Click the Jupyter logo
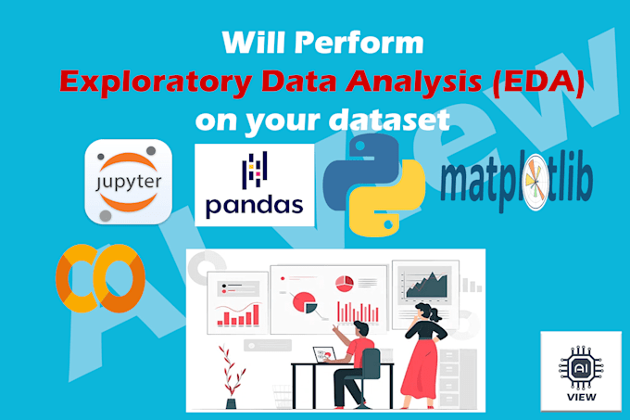pos(127,181)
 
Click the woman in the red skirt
pos(428,356)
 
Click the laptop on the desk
pos(323,355)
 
